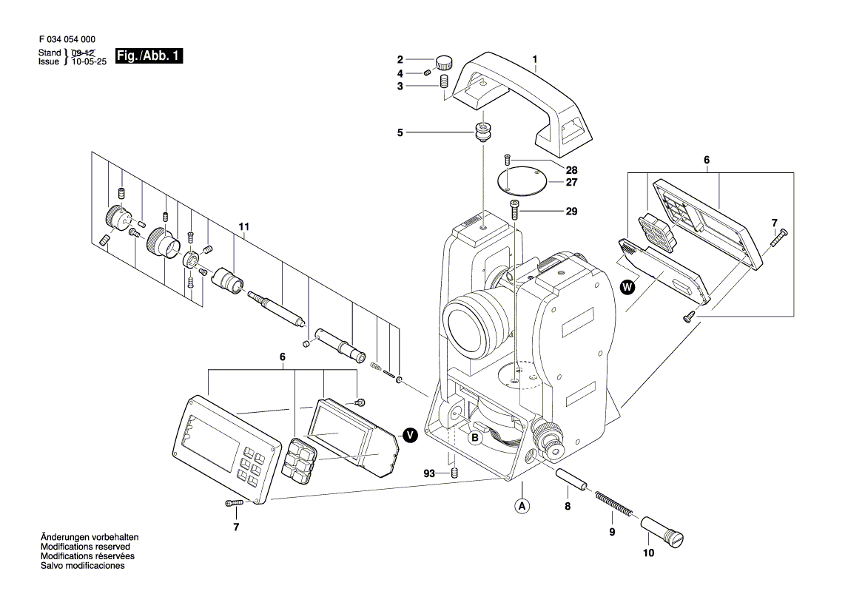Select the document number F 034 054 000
(x=66, y=39)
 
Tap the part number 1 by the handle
(x=535, y=59)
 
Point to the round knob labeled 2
(x=443, y=61)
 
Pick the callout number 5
(x=400, y=133)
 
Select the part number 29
(x=571, y=212)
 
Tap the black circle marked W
(x=627, y=287)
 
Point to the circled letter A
(x=522, y=507)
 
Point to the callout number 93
(x=429, y=473)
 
